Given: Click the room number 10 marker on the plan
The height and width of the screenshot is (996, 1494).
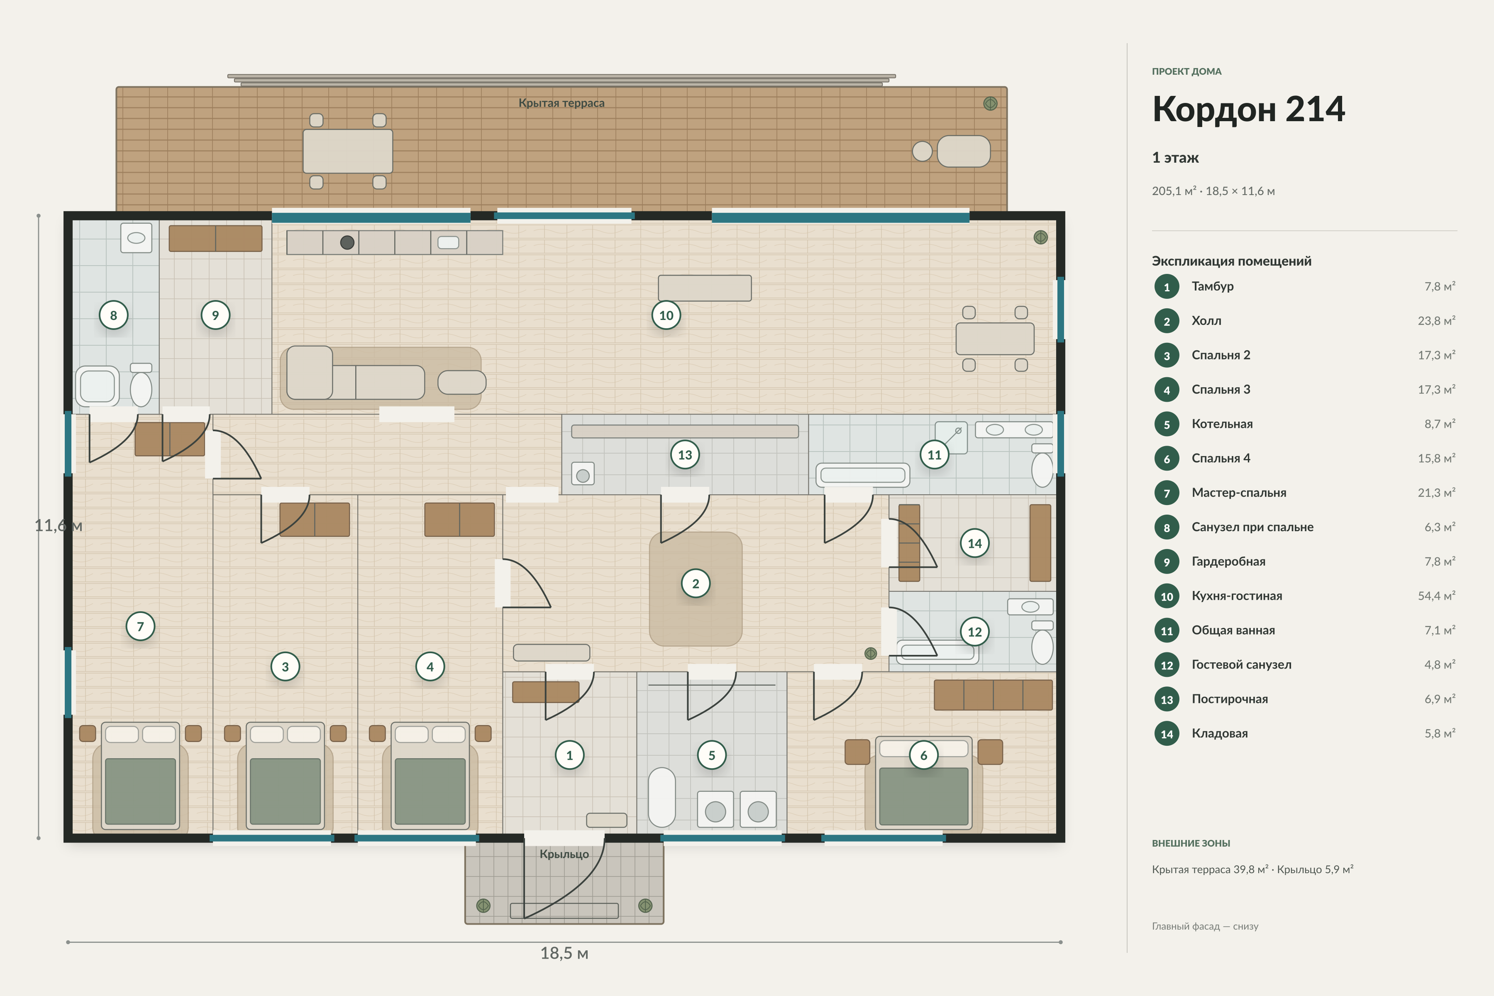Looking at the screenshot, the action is coord(666,315).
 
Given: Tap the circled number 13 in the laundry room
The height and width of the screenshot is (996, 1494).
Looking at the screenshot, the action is coord(685,455).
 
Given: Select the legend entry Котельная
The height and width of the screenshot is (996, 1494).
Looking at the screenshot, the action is coord(1221,424).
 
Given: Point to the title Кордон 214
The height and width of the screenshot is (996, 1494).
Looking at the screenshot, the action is coord(1248,109).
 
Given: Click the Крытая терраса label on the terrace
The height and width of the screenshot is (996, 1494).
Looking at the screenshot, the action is coord(561,103).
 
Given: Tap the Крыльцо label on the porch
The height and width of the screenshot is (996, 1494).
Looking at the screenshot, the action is coord(564,854).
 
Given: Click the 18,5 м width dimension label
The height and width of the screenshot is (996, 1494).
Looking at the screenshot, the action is coord(564,953).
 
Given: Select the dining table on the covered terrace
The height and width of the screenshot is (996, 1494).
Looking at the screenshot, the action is coord(347,151).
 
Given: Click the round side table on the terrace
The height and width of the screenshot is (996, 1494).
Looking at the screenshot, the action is coord(922,151).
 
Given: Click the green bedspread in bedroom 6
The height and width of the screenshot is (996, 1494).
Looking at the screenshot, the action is coord(924,796).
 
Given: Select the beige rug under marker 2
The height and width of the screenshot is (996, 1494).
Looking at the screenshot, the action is coord(696,589).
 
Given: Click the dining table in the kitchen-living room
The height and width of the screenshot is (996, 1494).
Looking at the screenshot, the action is coord(995,339).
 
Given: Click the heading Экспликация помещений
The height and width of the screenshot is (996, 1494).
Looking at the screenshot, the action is coord(1231,261).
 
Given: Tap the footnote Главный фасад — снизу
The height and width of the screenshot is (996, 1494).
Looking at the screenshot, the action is coord(1205,926).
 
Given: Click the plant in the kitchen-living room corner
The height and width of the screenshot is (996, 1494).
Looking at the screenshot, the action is coord(1040,237).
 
